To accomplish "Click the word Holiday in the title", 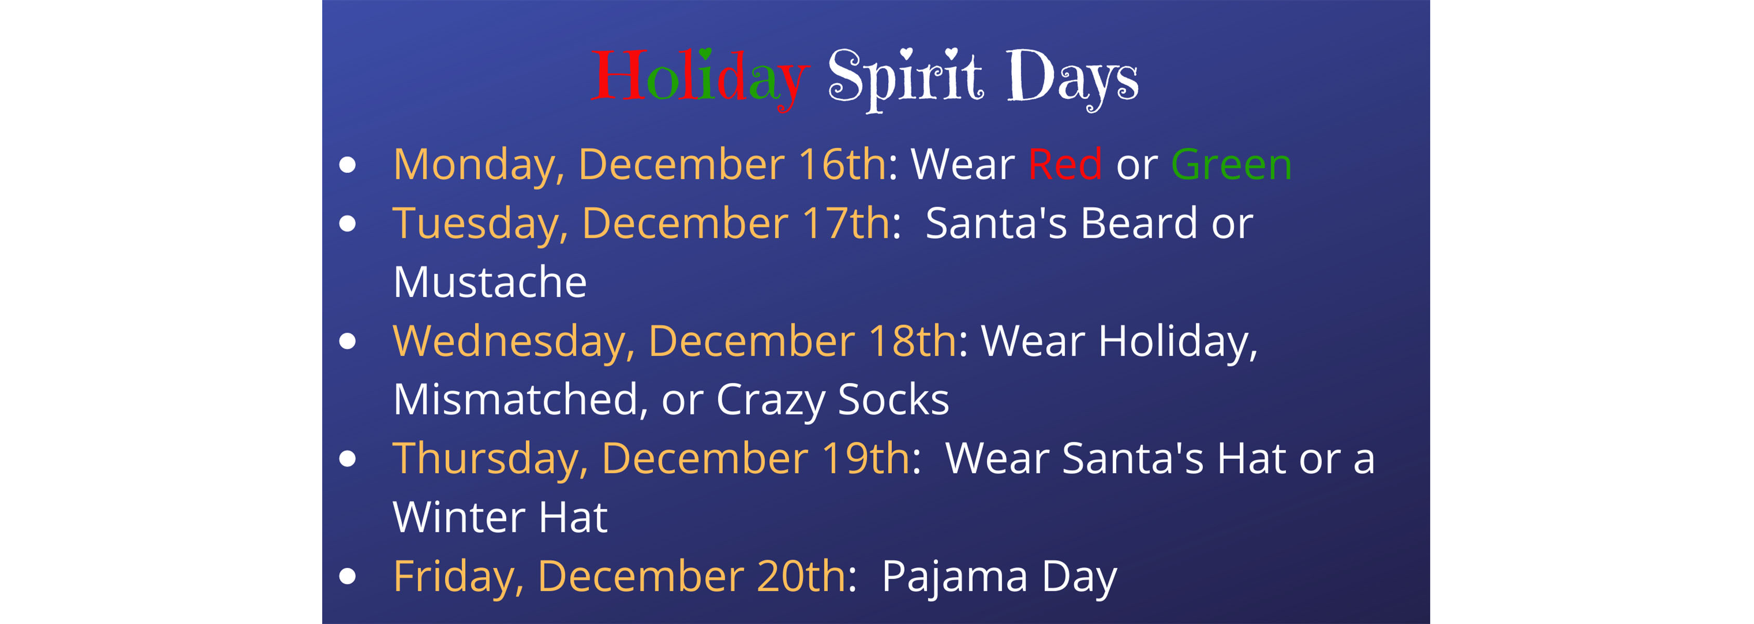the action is tap(700, 79).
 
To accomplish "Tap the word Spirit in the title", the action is tap(905, 79).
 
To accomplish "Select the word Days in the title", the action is tap(1073, 79).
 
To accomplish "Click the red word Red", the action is tap(1065, 164).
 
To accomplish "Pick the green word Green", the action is tap(1231, 164).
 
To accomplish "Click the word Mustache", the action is tap(490, 282).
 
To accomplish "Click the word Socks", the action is tap(893, 399).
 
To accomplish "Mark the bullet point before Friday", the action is tap(347, 576).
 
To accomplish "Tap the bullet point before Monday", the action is tap(347, 165).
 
